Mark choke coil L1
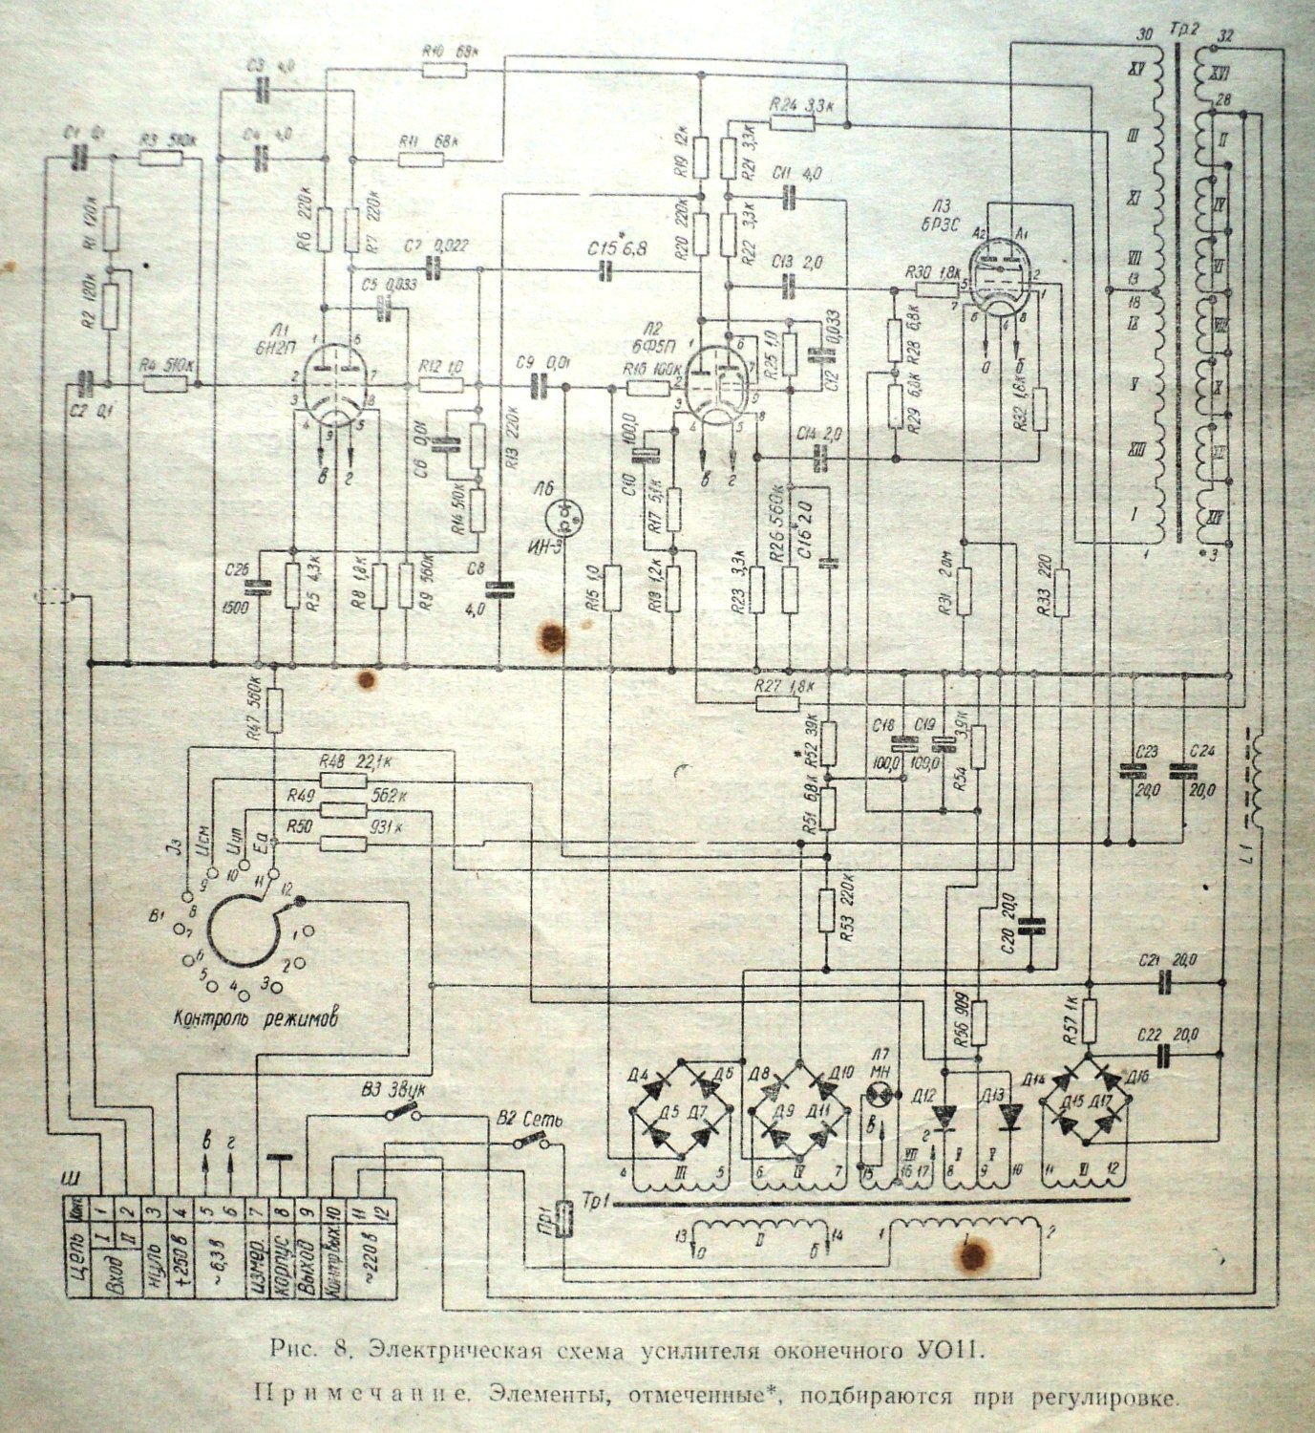[x=1257, y=783]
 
